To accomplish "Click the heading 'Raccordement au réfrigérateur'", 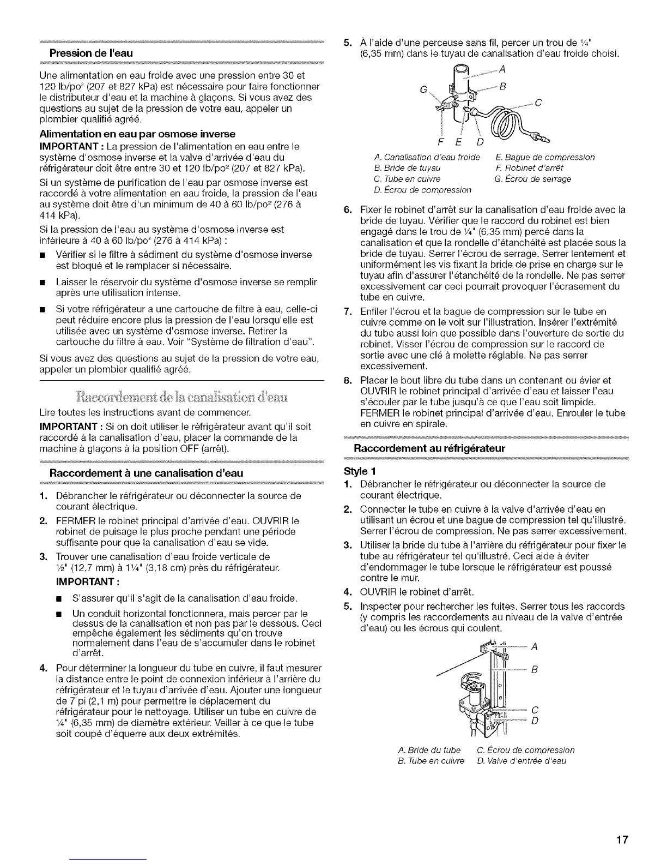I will tap(430, 448).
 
